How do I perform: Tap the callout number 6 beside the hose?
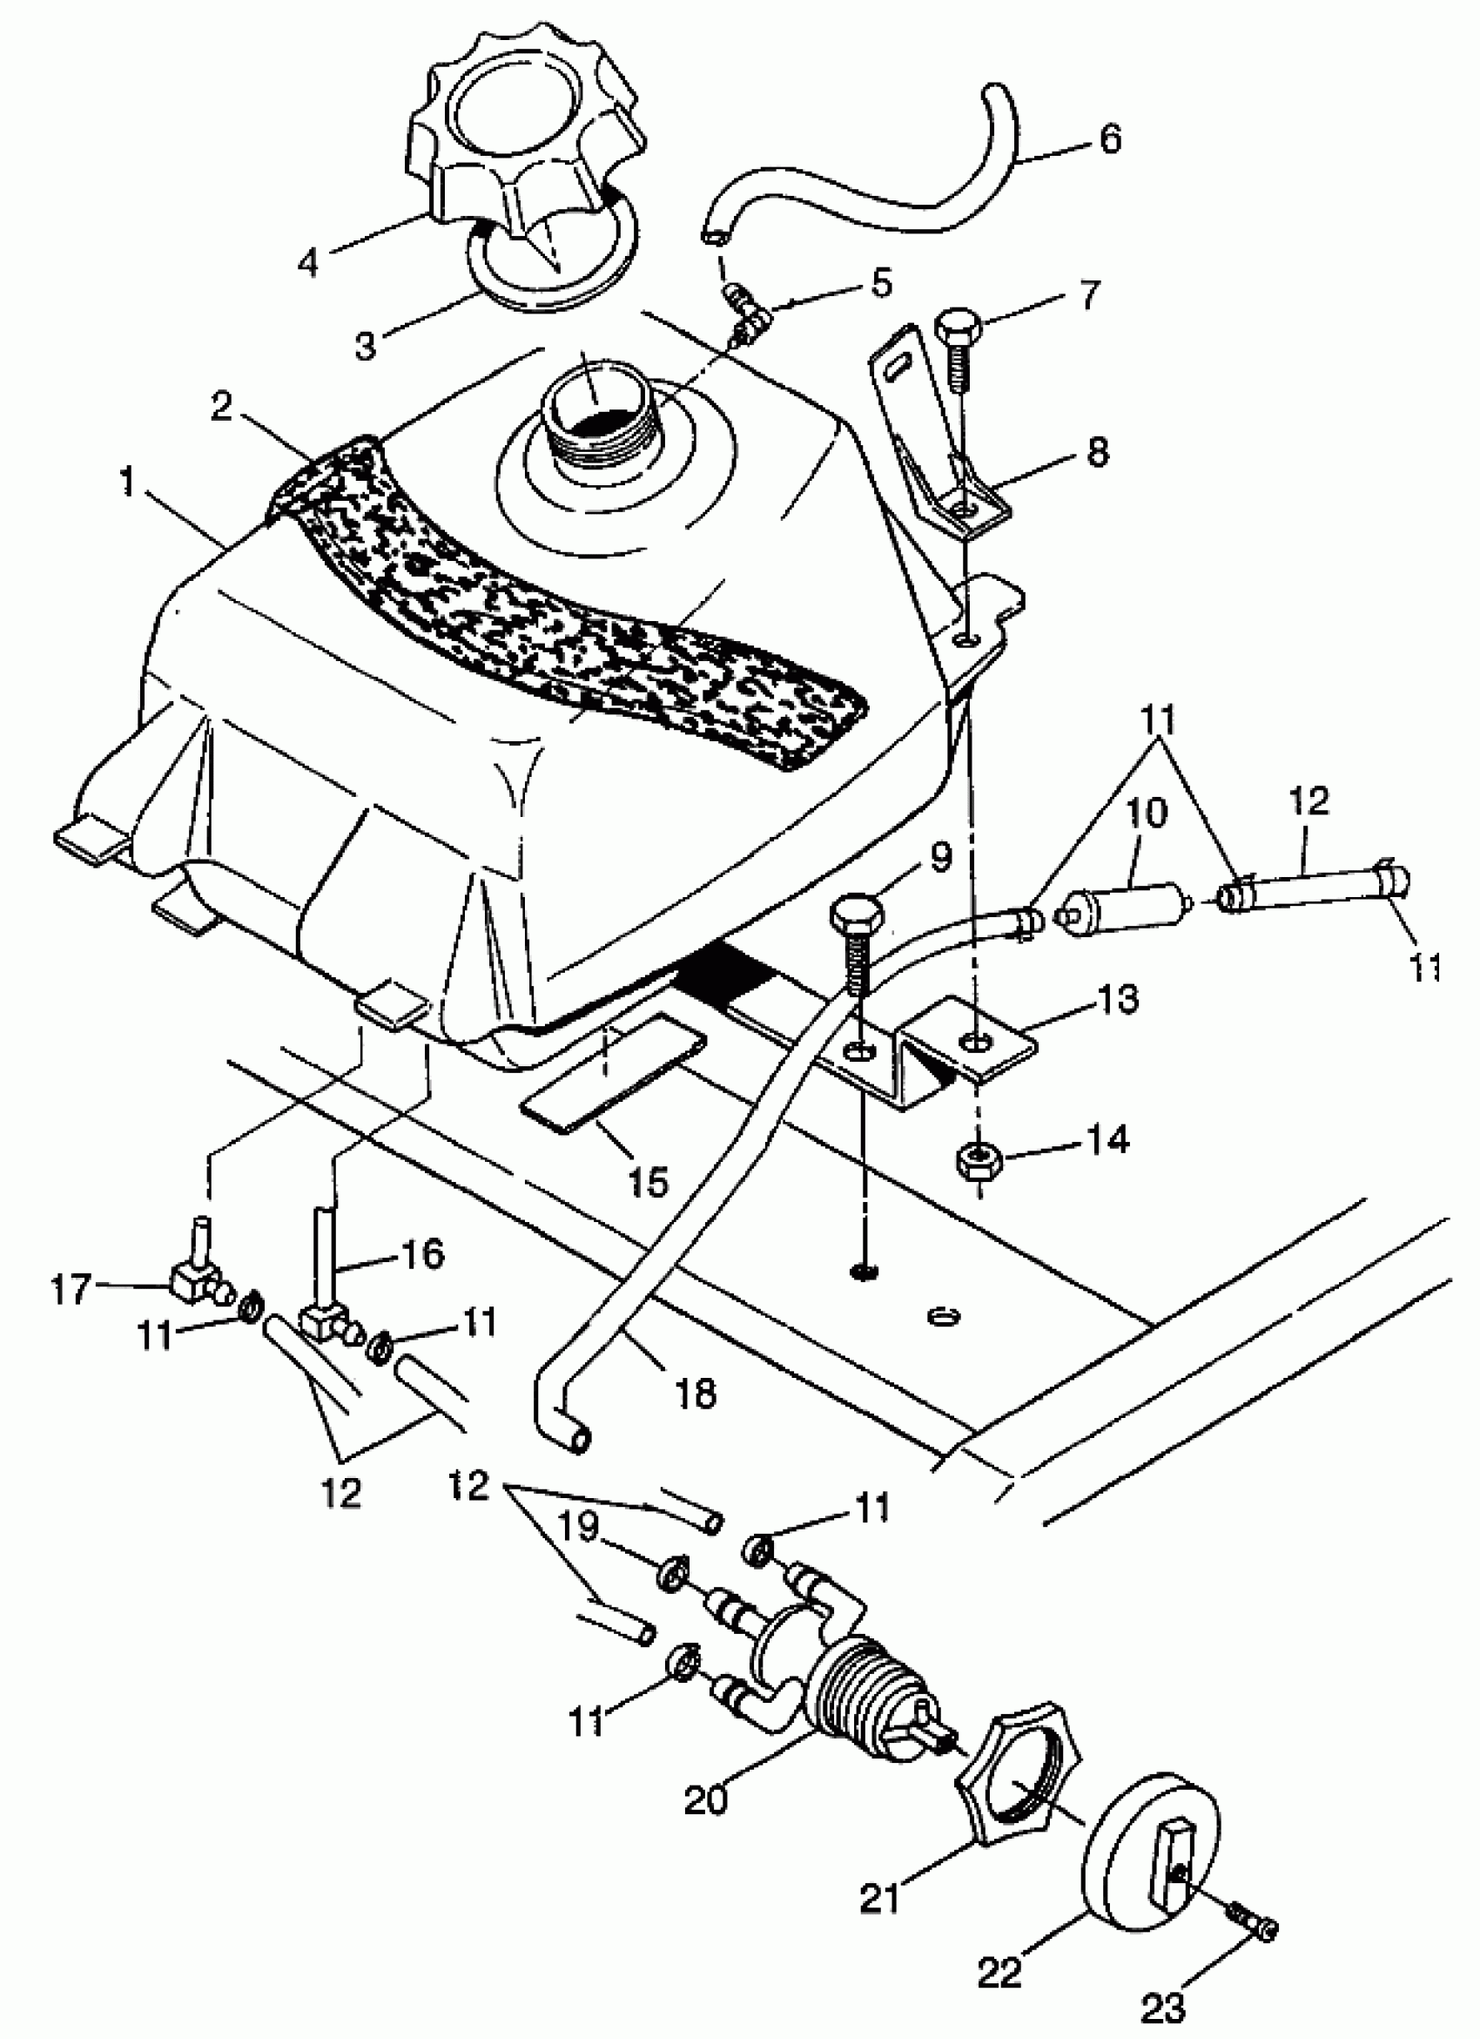[1111, 139]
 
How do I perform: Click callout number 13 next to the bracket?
[1118, 1000]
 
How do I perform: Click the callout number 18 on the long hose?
[695, 1393]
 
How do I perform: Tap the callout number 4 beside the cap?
[308, 261]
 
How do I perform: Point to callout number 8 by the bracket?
[1097, 451]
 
